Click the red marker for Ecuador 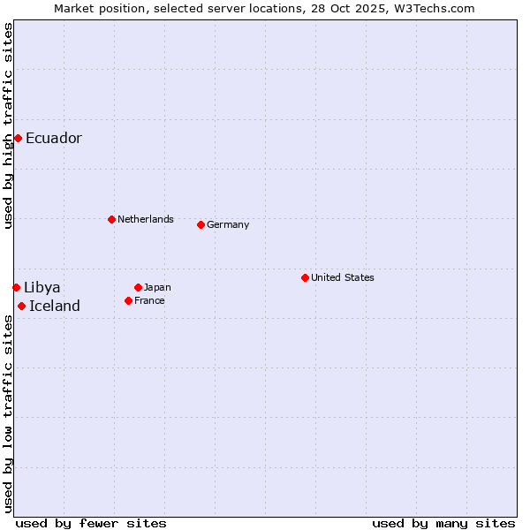(18, 138)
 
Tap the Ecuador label (54, 138)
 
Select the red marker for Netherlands (111, 219)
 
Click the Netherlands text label (146, 219)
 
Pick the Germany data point (201, 224)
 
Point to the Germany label (228, 224)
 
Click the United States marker (305, 277)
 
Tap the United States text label (343, 277)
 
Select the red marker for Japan (138, 287)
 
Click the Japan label (157, 287)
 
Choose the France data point (128, 300)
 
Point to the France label (149, 300)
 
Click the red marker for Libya (16, 287)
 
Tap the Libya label (42, 287)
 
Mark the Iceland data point (21, 306)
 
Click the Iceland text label (55, 306)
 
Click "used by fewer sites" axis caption (91, 523)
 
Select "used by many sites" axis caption (443, 523)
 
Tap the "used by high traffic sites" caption (8, 125)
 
